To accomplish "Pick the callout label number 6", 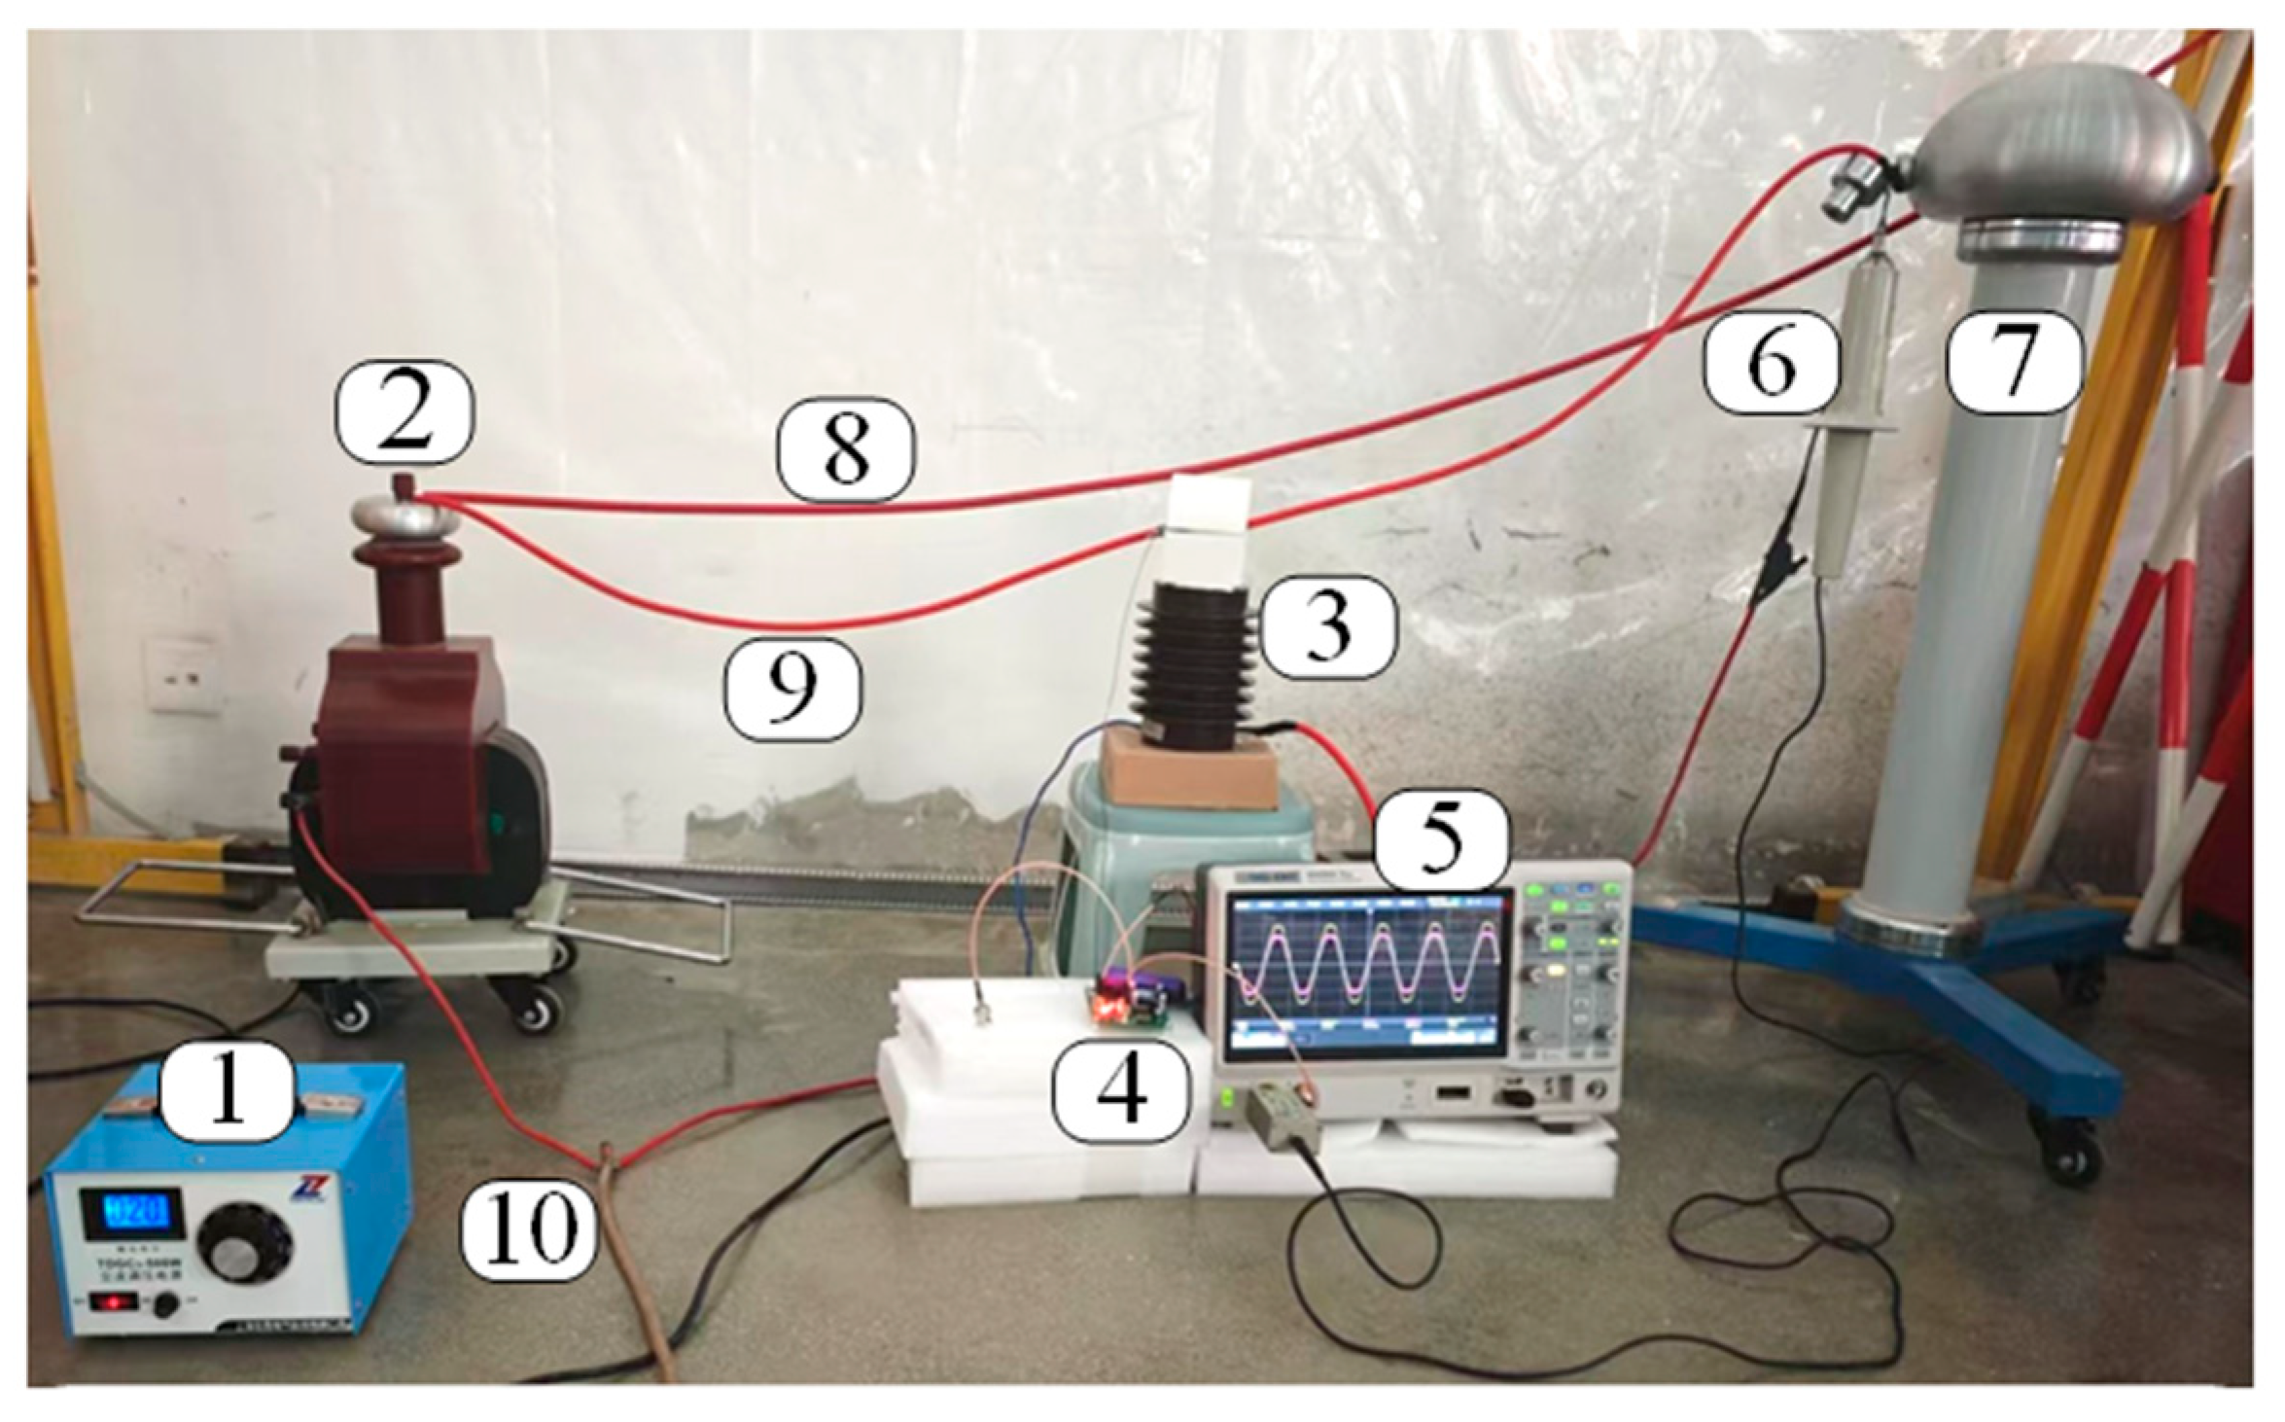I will click(1770, 365).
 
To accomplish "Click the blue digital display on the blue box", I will click(142, 1212).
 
